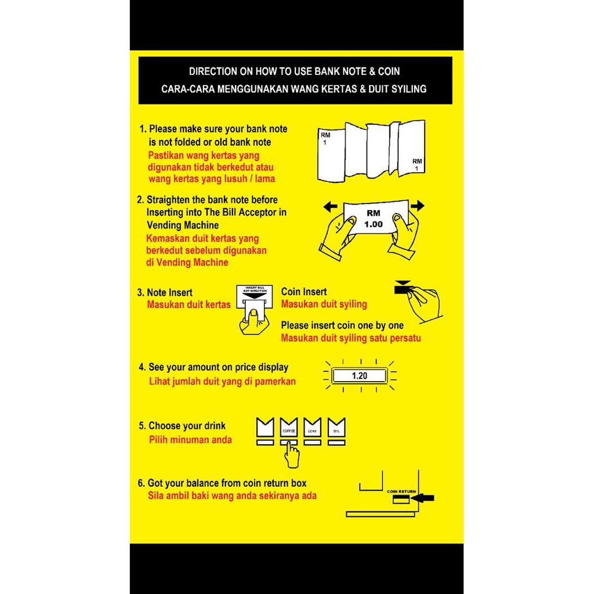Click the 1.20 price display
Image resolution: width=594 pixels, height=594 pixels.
360,376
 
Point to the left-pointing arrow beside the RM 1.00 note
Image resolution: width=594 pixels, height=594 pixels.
330,206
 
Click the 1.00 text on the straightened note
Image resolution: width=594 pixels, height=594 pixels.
373,224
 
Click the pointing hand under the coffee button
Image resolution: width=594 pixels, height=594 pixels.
291,455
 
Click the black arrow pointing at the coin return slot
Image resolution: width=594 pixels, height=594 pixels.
425,498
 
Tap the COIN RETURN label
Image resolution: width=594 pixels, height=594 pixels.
401,491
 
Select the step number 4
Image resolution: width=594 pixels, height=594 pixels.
142,367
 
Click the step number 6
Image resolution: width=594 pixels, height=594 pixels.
141,483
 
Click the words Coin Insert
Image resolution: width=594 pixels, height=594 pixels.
304,292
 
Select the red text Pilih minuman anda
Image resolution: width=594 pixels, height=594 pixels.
190,440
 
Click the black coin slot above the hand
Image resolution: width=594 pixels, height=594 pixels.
403,288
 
